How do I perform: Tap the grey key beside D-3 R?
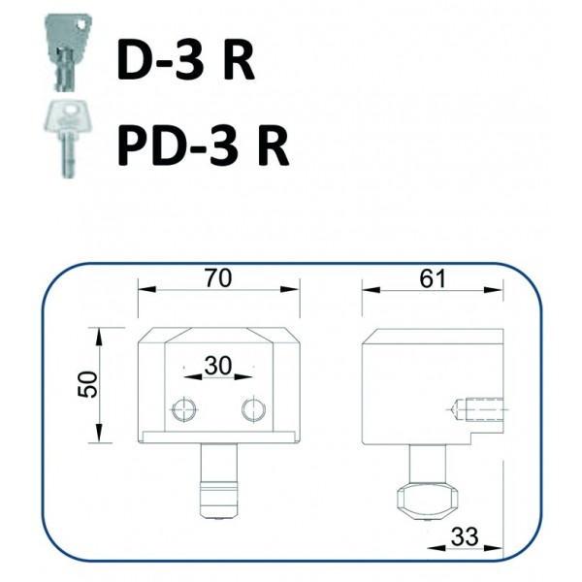click(68, 52)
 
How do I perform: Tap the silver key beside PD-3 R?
click(67, 138)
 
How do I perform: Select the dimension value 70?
click(218, 278)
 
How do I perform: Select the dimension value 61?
click(432, 278)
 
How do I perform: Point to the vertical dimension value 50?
click(88, 384)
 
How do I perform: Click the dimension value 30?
click(218, 366)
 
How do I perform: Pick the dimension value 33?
click(465, 536)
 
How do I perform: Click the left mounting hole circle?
click(183, 409)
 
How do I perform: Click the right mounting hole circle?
click(253, 409)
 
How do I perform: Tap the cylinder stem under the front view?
click(218, 481)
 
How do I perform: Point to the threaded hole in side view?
click(476, 409)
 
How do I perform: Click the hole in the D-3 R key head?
click(81, 24)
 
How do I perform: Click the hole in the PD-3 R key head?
click(71, 110)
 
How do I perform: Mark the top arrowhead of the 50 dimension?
click(99, 337)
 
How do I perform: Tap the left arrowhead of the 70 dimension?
click(146, 289)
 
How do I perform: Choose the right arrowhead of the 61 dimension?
click(494, 290)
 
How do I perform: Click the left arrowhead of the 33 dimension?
click(436, 548)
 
